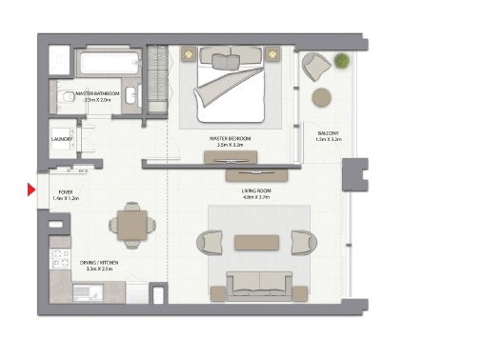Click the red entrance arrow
[x=31, y=190]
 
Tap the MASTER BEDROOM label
[x=231, y=138]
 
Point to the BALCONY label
[x=329, y=132]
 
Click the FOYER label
[x=65, y=191]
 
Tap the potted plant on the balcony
[x=340, y=60]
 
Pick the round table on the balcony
[x=322, y=96]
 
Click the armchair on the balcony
[x=316, y=67]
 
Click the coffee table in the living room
[x=256, y=242]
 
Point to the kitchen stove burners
[x=59, y=258]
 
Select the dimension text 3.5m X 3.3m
[x=231, y=146]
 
